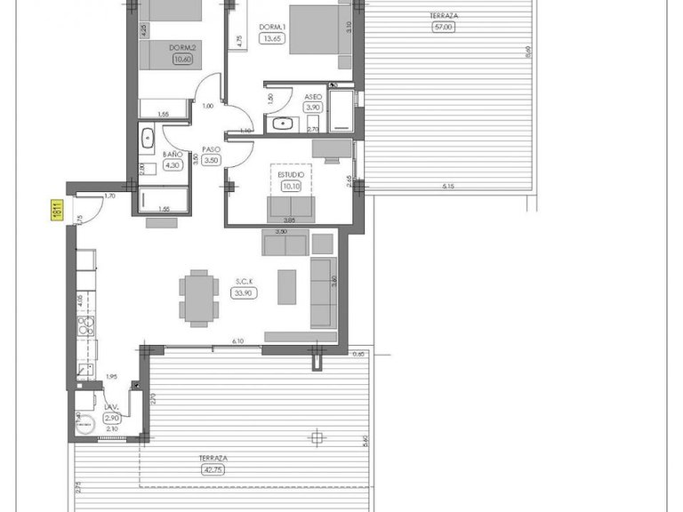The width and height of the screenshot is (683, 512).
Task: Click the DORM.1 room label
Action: point(270,28)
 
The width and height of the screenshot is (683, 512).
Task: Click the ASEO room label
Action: point(312,96)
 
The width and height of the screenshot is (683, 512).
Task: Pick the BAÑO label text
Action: point(172,154)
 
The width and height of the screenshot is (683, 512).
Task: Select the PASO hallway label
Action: point(211,149)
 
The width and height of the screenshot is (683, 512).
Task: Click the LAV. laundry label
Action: point(111,407)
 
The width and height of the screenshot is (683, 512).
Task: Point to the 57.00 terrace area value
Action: point(442,28)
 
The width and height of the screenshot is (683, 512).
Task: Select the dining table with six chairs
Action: point(197,298)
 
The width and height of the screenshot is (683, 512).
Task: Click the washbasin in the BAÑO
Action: point(147,138)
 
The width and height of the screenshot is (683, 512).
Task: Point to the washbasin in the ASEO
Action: point(282,124)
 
